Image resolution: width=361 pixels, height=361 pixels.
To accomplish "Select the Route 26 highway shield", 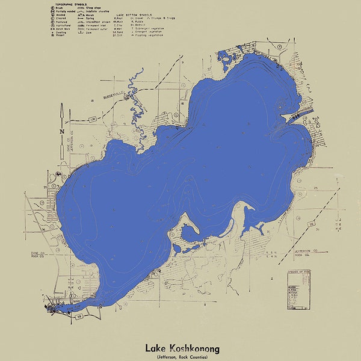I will tap(312, 226).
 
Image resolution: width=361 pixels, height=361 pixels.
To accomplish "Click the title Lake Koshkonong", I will tap(182, 348).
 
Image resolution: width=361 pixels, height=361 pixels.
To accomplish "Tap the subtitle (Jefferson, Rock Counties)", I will tap(182, 357).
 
